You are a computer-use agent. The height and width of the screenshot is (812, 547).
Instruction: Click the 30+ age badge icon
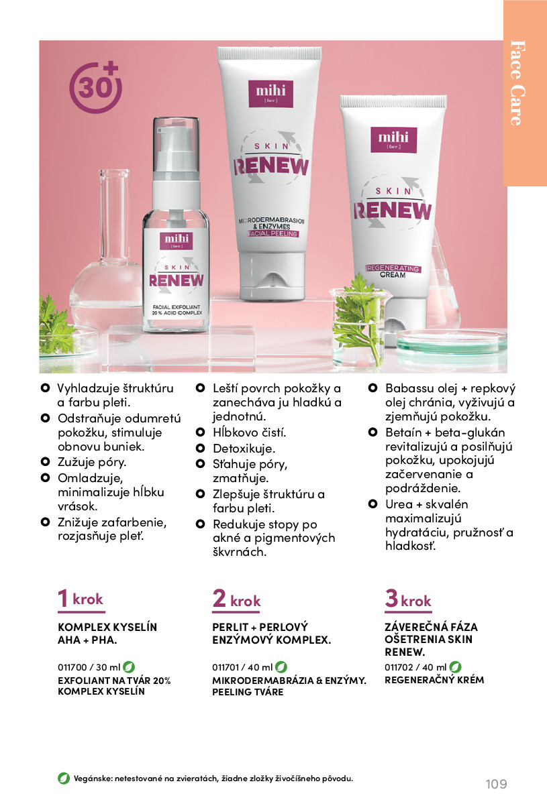click(95, 87)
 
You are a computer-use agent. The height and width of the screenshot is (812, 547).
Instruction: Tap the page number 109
click(496, 784)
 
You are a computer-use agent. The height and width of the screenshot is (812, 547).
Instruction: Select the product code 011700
click(72, 667)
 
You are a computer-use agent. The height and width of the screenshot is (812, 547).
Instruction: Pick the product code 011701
click(226, 667)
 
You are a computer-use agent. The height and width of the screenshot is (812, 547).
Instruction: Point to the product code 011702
click(399, 667)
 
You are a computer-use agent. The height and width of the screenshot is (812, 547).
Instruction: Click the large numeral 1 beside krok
click(63, 597)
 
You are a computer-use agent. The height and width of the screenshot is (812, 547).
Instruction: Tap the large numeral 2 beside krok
click(219, 597)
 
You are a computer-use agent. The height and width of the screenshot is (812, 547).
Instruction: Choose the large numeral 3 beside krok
click(392, 597)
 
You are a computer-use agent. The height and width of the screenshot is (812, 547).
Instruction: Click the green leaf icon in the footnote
click(64, 778)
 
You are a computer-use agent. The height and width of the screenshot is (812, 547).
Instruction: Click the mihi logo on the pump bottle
click(177, 241)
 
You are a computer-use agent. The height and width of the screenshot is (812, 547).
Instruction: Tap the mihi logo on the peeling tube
click(270, 94)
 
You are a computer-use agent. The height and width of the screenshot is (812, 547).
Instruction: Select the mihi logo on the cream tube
click(393, 140)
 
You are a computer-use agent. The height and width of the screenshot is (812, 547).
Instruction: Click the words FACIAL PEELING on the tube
click(272, 234)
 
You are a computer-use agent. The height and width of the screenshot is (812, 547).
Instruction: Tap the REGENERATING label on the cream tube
click(393, 268)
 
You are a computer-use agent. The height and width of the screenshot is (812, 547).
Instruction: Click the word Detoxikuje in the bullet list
click(244, 449)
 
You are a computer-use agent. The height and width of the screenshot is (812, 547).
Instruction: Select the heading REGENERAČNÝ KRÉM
click(434, 680)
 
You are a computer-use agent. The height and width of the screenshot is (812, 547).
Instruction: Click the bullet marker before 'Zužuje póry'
click(45, 462)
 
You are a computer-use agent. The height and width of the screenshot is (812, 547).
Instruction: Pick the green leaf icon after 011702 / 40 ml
click(455, 666)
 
